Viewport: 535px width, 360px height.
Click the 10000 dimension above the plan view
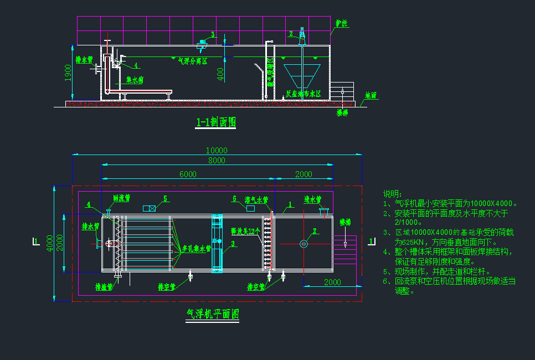click(217, 151)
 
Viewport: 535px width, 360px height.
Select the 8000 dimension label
click(217, 161)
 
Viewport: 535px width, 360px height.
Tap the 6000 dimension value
click(188, 174)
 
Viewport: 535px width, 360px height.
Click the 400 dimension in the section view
click(220, 74)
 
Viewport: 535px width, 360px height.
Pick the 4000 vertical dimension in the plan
click(50, 243)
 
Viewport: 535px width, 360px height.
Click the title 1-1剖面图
click(215, 122)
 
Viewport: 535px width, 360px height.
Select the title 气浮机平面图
click(213, 314)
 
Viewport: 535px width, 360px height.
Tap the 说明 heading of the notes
click(392, 194)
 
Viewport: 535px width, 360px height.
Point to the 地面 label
click(371, 95)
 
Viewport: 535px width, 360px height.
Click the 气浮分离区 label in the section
click(192, 61)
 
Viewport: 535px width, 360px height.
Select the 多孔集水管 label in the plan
click(197, 249)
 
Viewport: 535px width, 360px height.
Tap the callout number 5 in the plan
click(164, 198)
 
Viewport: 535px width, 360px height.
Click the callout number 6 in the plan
click(234, 198)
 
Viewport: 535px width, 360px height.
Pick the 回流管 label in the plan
click(121, 197)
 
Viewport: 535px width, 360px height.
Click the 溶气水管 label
click(256, 199)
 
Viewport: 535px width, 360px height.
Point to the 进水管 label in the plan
click(313, 199)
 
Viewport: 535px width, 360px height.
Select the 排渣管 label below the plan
click(104, 287)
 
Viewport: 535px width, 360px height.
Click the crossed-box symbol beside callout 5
click(149, 208)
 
